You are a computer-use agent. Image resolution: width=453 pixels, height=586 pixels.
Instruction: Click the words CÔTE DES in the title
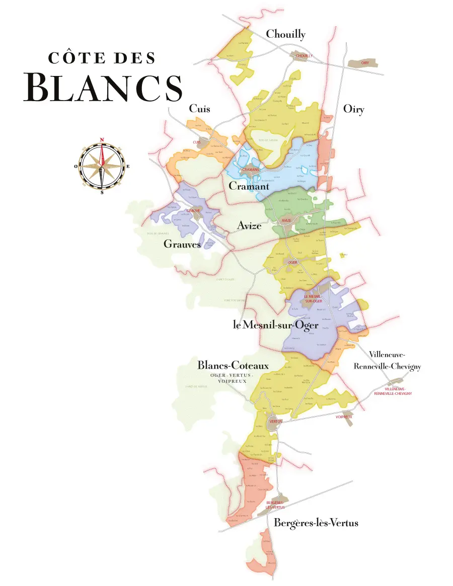point(102,58)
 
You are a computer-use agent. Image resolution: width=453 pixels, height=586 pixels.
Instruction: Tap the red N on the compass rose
point(102,140)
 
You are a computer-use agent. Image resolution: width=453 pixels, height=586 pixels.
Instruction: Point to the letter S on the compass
point(102,192)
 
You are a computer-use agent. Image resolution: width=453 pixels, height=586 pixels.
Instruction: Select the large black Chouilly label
point(285,34)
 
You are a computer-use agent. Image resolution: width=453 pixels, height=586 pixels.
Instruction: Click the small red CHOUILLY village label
point(304,56)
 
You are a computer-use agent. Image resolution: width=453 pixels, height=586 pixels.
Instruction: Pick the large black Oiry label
point(353,109)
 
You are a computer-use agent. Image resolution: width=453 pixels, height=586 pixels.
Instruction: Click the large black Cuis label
point(199,109)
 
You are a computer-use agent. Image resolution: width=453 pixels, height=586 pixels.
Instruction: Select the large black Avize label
point(249,226)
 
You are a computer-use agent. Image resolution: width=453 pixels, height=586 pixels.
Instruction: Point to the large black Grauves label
point(182,245)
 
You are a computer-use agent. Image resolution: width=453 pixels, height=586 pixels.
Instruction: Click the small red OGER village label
point(293,262)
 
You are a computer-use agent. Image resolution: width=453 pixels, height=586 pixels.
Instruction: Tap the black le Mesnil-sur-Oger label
point(275,325)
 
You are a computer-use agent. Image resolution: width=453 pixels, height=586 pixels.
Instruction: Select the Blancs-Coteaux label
point(233,366)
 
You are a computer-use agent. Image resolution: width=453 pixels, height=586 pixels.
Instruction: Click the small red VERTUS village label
point(275,421)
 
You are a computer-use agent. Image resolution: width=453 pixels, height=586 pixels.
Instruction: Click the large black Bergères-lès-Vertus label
point(316,523)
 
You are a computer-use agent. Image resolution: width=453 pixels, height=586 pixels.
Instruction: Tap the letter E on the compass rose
point(128,166)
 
